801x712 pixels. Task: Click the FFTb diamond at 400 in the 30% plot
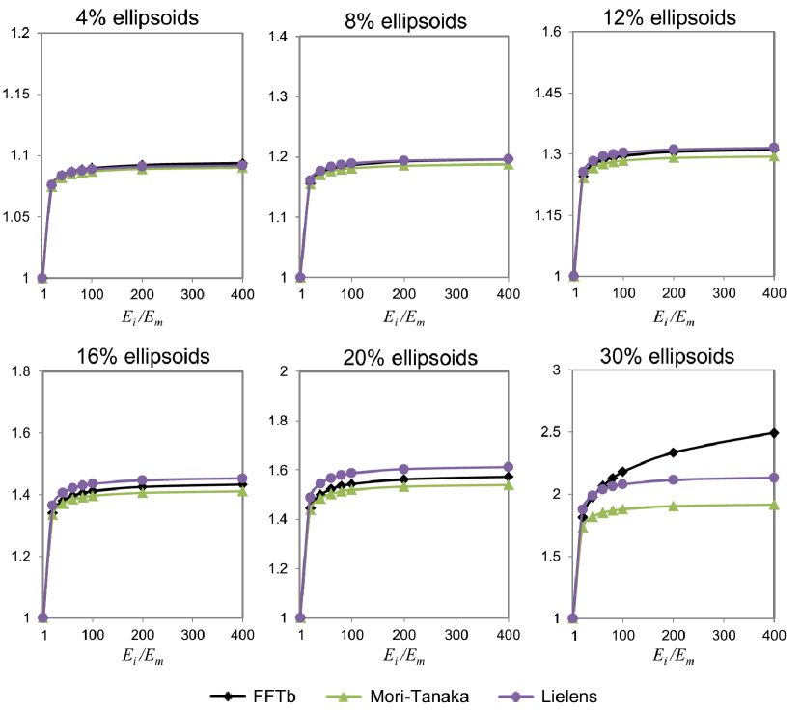click(x=773, y=432)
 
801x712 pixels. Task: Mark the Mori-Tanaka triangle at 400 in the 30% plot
click(x=773, y=505)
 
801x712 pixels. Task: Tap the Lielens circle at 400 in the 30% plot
click(x=773, y=478)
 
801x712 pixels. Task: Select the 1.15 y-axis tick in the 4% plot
click(x=19, y=95)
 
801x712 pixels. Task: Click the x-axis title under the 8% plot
click(x=406, y=319)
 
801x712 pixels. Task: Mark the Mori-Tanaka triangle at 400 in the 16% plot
click(x=242, y=491)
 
